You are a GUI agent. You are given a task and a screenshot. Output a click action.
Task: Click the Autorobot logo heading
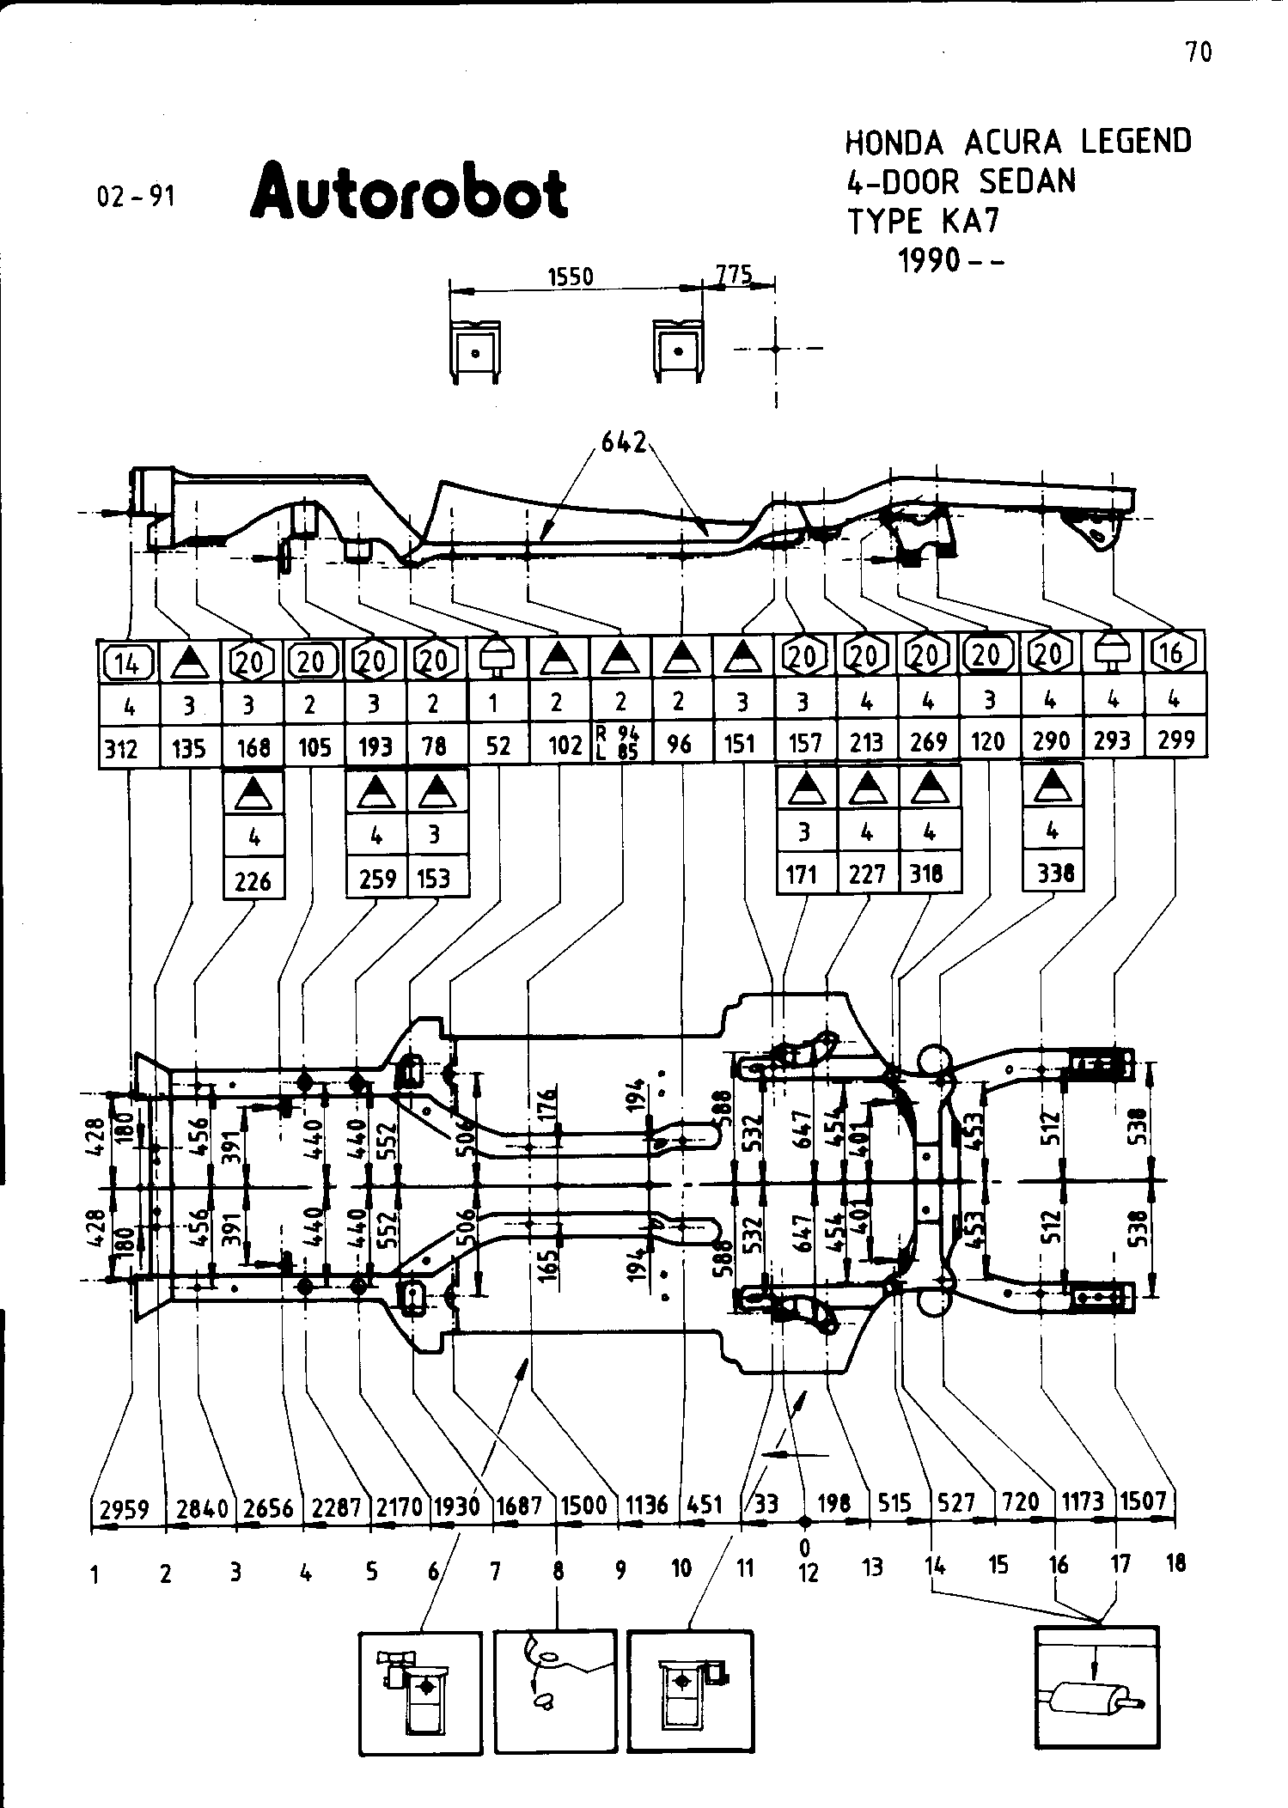click(x=408, y=191)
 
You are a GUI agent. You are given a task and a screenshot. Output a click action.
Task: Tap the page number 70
click(x=1199, y=52)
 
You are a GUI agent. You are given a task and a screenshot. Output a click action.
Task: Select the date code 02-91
click(x=136, y=197)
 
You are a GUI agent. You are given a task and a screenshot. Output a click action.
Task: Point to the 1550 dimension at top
click(x=571, y=277)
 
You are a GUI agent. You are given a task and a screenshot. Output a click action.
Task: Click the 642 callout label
click(x=624, y=443)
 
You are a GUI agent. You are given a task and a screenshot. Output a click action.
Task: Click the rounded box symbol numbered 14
click(x=127, y=661)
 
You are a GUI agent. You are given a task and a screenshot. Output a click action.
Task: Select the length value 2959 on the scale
click(x=125, y=1509)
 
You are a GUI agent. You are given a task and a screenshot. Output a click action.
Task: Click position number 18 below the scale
click(x=1175, y=1563)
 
